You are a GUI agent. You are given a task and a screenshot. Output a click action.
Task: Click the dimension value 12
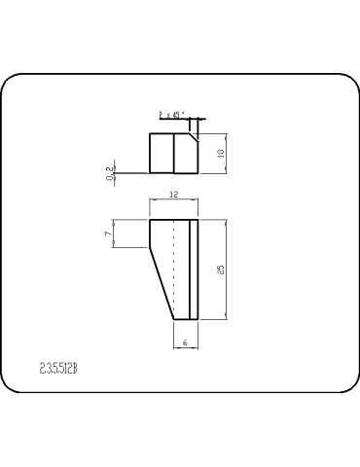pyautogui.click(x=173, y=196)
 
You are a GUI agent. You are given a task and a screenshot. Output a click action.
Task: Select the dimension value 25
pyautogui.click(x=221, y=269)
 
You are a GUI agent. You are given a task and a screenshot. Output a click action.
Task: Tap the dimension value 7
pyautogui.click(x=107, y=233)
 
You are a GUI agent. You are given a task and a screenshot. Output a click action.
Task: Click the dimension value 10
pyautogui.click(x=221, y=153)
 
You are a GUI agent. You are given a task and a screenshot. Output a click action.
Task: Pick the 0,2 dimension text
pyautogui.click(x=108, y=172)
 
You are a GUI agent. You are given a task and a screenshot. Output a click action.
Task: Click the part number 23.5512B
pyautogui.click(x=58, y=369)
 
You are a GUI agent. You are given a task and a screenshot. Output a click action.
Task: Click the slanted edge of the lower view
pyautogui.click(x=161, y=284)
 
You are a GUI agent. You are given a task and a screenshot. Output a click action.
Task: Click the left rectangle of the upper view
pyautogui.click(x=162, y=153)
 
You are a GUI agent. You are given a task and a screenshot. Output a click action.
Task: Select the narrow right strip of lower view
pyautogui.click(x=193, y=269)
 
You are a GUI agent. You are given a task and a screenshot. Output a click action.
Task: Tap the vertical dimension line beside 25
pyautogui.click(x=227, y=269)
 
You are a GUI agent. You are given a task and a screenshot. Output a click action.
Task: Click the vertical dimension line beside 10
pyautogui.click(x=227, y=153)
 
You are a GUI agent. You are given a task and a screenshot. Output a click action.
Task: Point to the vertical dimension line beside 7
pyautogui.click(x=114, y=233)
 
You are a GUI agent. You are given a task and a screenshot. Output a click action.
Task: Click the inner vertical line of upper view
pyautogui.click(x=173, y=153)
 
